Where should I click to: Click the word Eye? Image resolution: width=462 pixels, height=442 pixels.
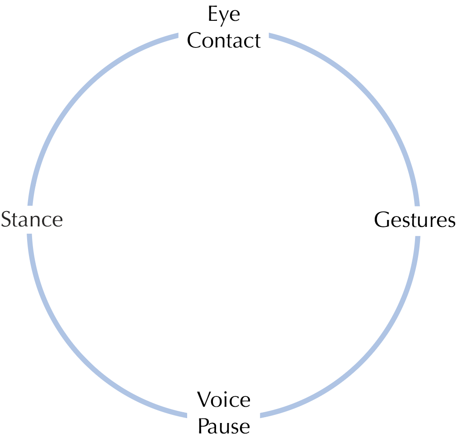224,15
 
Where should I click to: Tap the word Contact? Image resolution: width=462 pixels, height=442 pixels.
224,41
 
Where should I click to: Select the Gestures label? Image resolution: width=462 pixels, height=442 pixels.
415,220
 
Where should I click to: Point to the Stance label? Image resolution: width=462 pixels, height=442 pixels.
32,220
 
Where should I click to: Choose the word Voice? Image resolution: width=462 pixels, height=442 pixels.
224,400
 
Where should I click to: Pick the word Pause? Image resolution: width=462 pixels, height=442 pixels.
224,426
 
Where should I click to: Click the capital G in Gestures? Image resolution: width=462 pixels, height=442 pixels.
382,220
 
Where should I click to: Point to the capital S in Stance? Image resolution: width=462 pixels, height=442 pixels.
7,220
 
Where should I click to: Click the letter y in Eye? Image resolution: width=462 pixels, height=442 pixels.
224,17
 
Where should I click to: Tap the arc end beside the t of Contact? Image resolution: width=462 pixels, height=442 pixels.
270,36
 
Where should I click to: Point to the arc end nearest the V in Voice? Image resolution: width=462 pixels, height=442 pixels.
186,415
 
